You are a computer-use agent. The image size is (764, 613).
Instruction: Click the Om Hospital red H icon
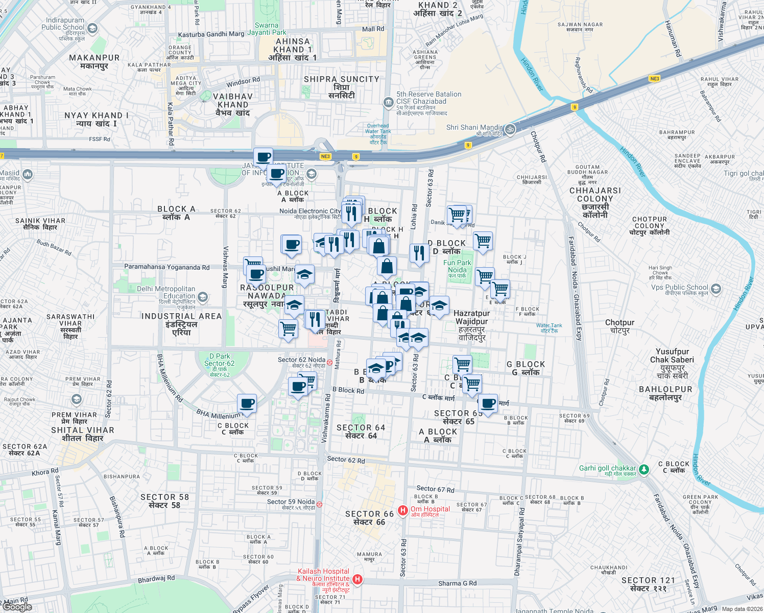point(403,510)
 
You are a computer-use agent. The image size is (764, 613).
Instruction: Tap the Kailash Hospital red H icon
point(357,579)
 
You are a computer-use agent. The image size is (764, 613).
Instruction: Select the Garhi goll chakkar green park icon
point(644,469)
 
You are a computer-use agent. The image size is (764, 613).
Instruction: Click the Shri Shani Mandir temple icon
point(510,129)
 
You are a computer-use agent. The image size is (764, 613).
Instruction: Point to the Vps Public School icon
point(715,289)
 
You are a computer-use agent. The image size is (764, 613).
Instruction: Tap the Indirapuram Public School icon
point(92,29)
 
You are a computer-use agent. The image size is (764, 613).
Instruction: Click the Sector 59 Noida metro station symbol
point(319,504)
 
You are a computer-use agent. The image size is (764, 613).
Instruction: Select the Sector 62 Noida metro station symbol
point(330,362)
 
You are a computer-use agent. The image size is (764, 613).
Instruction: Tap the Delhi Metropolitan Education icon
point(203,297)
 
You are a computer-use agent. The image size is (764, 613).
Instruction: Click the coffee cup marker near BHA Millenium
point(247,404)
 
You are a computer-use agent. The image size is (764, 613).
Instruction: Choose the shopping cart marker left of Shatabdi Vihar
point(289,328)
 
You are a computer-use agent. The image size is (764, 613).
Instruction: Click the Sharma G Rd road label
point(457,583)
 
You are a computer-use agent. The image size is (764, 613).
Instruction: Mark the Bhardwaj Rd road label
point(156,579)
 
